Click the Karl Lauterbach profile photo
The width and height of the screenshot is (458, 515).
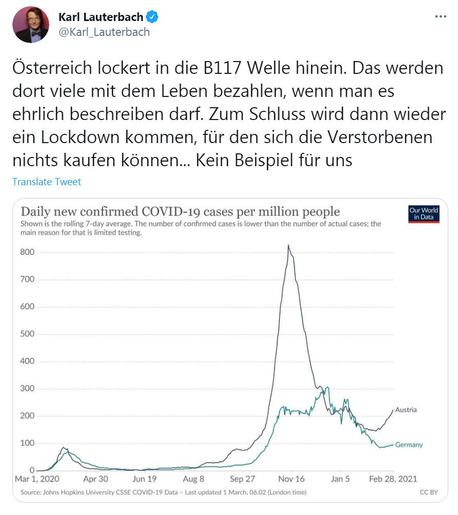pyautogui.click(x=31, y=25)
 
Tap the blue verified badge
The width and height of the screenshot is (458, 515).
pyautogui.click(x=152, y=17)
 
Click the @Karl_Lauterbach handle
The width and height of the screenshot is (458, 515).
pyautogui.click(x=104, y=32)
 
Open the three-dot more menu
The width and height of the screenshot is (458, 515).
pyautogui.click(x=441, y=16)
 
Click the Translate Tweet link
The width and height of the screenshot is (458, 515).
pyautogui.click(x=47, y=182)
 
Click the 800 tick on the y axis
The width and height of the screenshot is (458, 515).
pyautogui.click(x=27, y=252)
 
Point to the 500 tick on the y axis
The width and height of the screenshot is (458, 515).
pyautogui.click(x=27, y=334)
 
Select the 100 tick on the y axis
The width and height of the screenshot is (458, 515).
pyautogui.click(x=27, y=443)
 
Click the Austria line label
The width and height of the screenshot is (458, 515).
pyautogui.click(x=406, y=410)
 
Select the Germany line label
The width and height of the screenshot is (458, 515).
pyautogui.click(x=409, y=445)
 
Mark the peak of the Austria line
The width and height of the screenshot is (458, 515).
pyautogui.click(x=288, y=246)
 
